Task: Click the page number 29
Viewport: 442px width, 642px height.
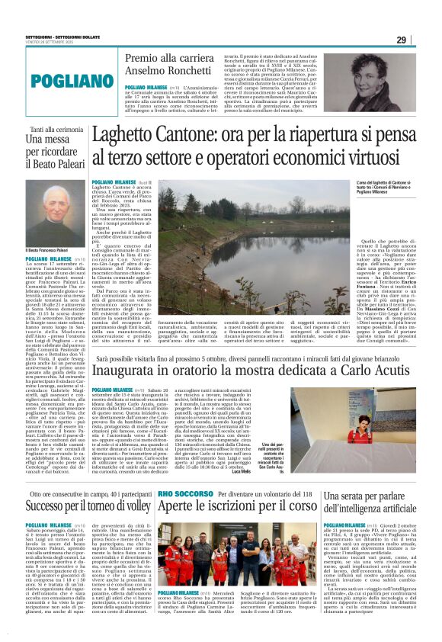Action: [422, 40]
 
